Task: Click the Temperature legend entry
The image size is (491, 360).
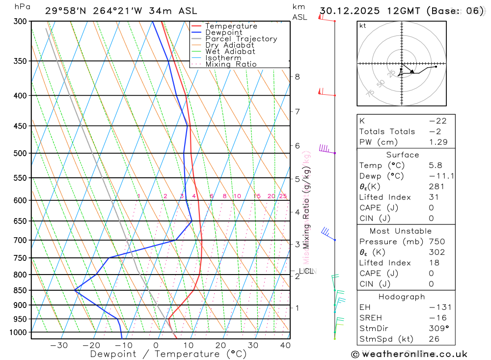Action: click(231, 26)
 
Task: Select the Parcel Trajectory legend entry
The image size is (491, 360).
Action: click(241, 39)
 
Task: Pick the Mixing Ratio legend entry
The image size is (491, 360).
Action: click(231, 64)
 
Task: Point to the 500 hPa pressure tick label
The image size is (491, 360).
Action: click(20, 153)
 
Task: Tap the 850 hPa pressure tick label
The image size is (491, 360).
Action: click(20, 290)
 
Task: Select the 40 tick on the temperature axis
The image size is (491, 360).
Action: click(285, 345)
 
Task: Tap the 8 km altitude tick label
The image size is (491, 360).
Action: click(297, 77)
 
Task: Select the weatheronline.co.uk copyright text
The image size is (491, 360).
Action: click(409, 354)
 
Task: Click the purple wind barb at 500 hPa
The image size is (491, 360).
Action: click(326, 148)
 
